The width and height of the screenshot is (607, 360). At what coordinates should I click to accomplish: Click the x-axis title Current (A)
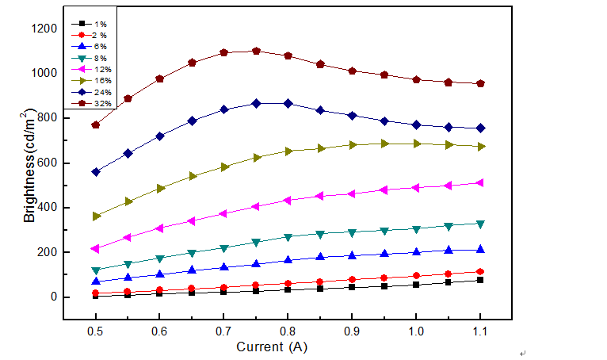click(272, 347)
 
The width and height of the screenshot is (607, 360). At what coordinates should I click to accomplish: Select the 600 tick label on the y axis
click(45, 163)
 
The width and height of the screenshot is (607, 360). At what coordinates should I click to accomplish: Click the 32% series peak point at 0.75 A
click(256, 51)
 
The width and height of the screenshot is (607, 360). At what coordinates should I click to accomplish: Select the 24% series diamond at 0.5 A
click(96, 172)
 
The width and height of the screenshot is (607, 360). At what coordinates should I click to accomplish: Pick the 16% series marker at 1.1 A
click(479, 147)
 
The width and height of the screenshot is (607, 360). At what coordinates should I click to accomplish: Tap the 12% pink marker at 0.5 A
click(96, 248)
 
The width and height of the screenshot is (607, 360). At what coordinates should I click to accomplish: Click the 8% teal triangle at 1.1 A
click(479, 224)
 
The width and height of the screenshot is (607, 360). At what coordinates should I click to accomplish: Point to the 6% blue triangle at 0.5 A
click(96, 281)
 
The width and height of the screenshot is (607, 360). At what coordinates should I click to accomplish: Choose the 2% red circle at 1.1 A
click(479, 271)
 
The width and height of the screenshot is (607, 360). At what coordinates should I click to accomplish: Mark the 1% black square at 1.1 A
click(479, 280)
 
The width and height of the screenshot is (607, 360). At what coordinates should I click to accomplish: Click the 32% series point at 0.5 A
click(96, 124)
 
